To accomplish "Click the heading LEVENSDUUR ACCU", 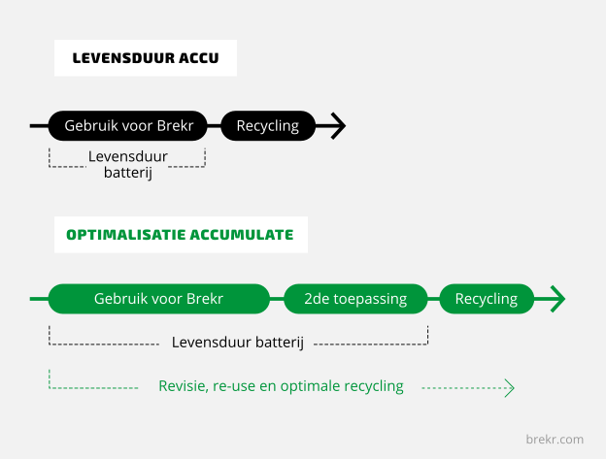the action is [x=146, y=58].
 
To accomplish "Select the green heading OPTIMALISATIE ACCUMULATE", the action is [x=180, y=235].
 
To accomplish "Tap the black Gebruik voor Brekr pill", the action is [x=128, y=126].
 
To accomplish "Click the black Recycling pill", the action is [x=268, y=126].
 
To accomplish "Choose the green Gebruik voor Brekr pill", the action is [x=159, y=299].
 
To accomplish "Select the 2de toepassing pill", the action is [x=355, y=299].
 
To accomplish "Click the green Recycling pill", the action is [x=487, y=299].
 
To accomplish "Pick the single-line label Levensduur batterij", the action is [x=238, y=343].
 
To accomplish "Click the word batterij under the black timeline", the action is [x=128, y=173].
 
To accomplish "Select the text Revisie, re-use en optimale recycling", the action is [x=281, y=386].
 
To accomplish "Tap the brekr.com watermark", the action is [x=555, y=440].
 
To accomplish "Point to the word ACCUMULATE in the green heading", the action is [x=242, y=235].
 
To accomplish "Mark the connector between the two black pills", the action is [x=214, y=126].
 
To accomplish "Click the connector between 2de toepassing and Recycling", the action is [x=434, y=299].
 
